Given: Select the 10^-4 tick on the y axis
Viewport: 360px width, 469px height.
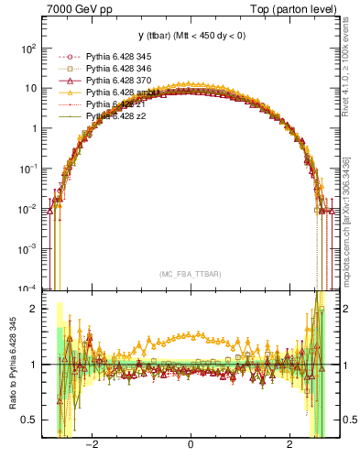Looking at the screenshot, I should point(28,289).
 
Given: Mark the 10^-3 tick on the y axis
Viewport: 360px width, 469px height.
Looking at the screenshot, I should point(28,248).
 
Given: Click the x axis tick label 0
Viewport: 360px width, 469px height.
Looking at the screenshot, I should point(190,445).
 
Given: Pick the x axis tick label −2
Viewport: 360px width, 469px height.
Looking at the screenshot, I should point(92,445).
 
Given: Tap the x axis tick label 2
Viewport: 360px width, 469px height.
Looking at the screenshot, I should point(289,445).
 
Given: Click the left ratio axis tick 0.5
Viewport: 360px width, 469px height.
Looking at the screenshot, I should point(27,420).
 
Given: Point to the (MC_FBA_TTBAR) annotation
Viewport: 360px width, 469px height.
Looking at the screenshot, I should point(190,274).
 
